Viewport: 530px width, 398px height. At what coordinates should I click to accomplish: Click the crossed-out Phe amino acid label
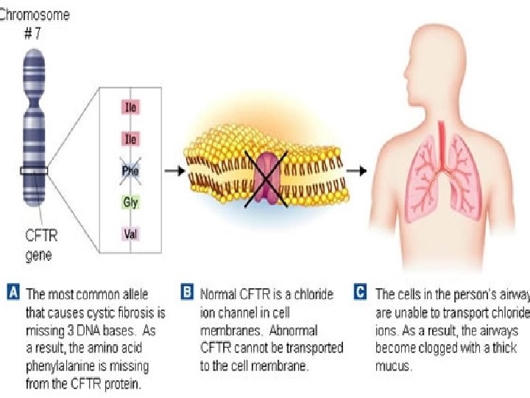(x=130, y=171)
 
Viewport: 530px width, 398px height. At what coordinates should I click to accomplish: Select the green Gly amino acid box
(x=130, y=202)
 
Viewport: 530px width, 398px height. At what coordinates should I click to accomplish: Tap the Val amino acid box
(x=130, y=234)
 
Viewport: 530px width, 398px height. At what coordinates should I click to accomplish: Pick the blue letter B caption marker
(x=188, y=293)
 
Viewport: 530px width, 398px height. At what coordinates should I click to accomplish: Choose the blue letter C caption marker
(x=361, y=293)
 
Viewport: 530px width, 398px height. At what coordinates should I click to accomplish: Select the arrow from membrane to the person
(x=356, y=170)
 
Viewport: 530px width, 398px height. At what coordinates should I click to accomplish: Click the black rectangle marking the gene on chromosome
(x=34, y=171)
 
